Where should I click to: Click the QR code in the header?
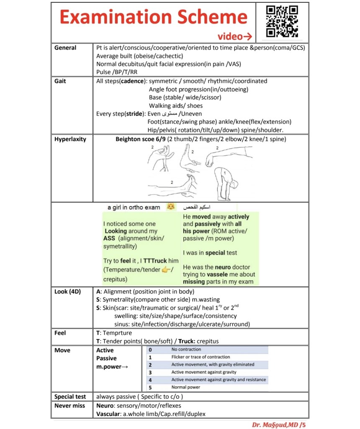point(282,21)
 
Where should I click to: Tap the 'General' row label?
point(65,48)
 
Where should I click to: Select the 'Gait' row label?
point(60,81)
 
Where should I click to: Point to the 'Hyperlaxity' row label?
point(70,139)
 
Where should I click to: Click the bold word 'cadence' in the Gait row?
point(132,81)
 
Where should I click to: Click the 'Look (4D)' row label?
point(67,292)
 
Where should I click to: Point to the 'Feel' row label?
point(60,333)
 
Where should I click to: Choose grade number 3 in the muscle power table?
point(150,372)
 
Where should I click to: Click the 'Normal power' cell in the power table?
point(185,387)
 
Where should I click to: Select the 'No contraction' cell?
point(186,349)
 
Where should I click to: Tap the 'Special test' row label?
point(70,396)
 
